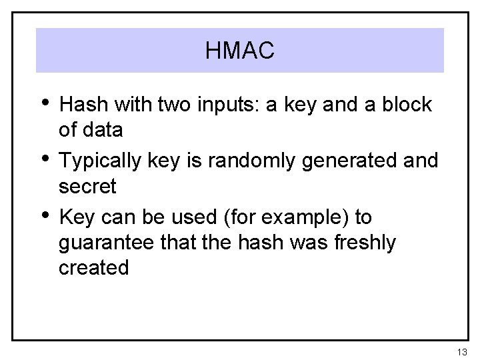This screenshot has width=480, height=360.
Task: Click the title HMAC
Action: (x=240, y=51)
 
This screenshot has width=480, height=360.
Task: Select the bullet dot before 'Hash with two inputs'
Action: (x=45, y=103)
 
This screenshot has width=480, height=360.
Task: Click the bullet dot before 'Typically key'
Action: (x=45, y=159)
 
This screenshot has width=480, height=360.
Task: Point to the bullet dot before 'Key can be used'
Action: (x=45, y=216)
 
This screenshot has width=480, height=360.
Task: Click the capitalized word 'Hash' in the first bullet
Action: (x=83, y=105)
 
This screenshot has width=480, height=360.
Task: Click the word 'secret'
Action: (x=87, y=187)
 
